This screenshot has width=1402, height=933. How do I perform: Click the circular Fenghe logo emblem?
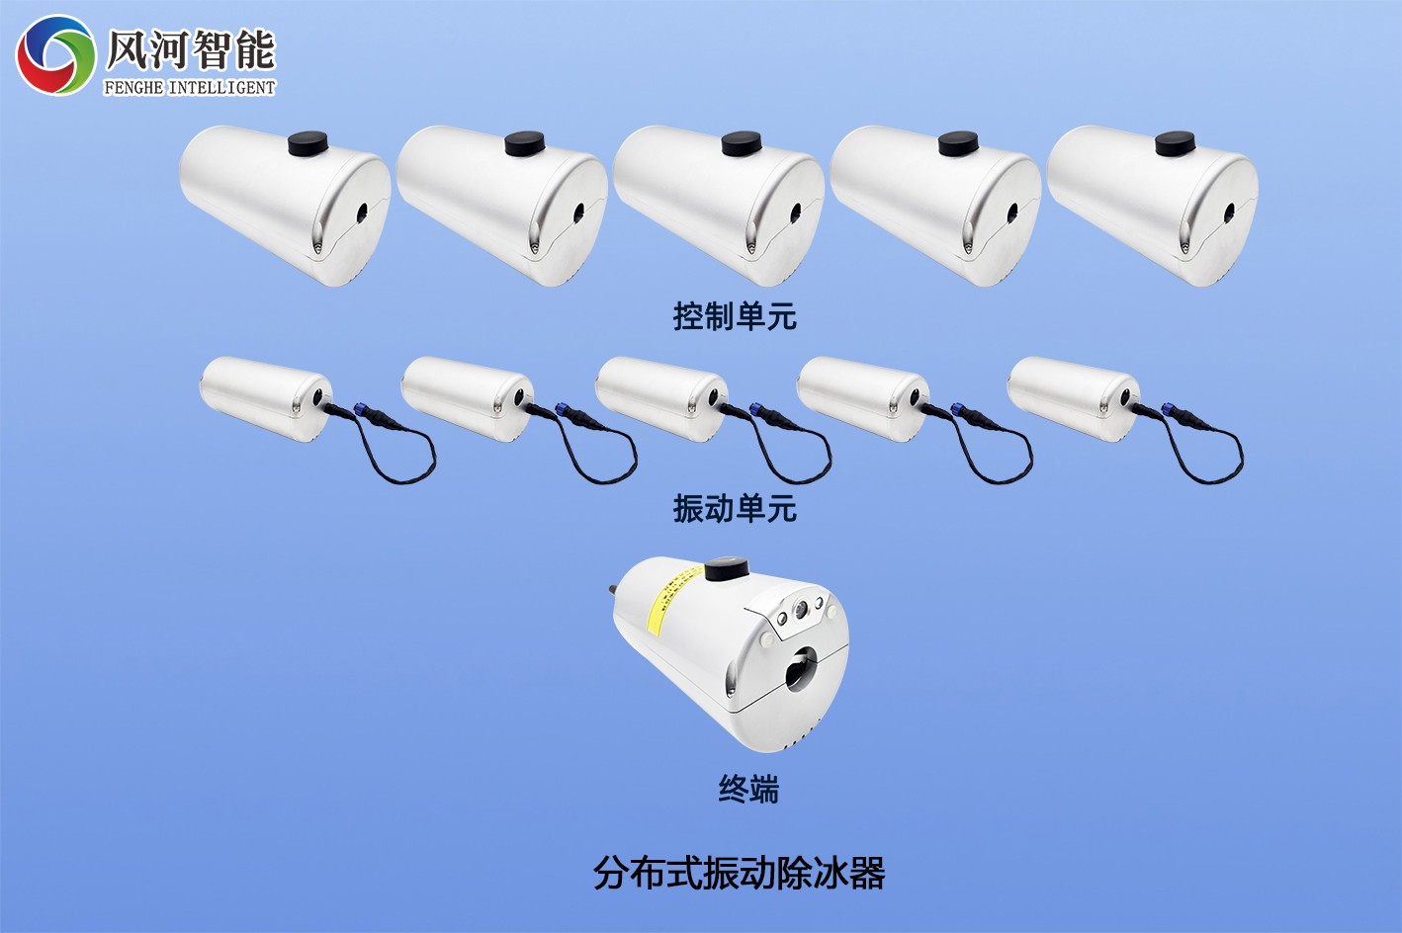point(55,55)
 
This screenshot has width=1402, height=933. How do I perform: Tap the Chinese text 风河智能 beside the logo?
point(190,50)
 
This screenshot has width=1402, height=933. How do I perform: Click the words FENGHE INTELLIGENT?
point(189,88)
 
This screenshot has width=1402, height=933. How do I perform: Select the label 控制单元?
point(735,316)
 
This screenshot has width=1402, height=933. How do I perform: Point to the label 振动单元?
point(735,508)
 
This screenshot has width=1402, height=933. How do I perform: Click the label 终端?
point(748,789)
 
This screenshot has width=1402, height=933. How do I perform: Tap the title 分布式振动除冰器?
point(740,874)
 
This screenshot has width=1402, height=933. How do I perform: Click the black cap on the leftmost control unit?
point(307,143)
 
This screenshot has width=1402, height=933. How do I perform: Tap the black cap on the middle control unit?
point(742,144)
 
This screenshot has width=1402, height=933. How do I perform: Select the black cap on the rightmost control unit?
point(1175,143)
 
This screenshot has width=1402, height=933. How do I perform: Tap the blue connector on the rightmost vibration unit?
point(1167,408)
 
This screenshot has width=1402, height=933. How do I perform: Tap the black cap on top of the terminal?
point(727,569)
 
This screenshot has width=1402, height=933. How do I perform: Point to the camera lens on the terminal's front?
point(800,610)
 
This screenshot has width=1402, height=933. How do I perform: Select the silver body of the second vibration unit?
point(467,397)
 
